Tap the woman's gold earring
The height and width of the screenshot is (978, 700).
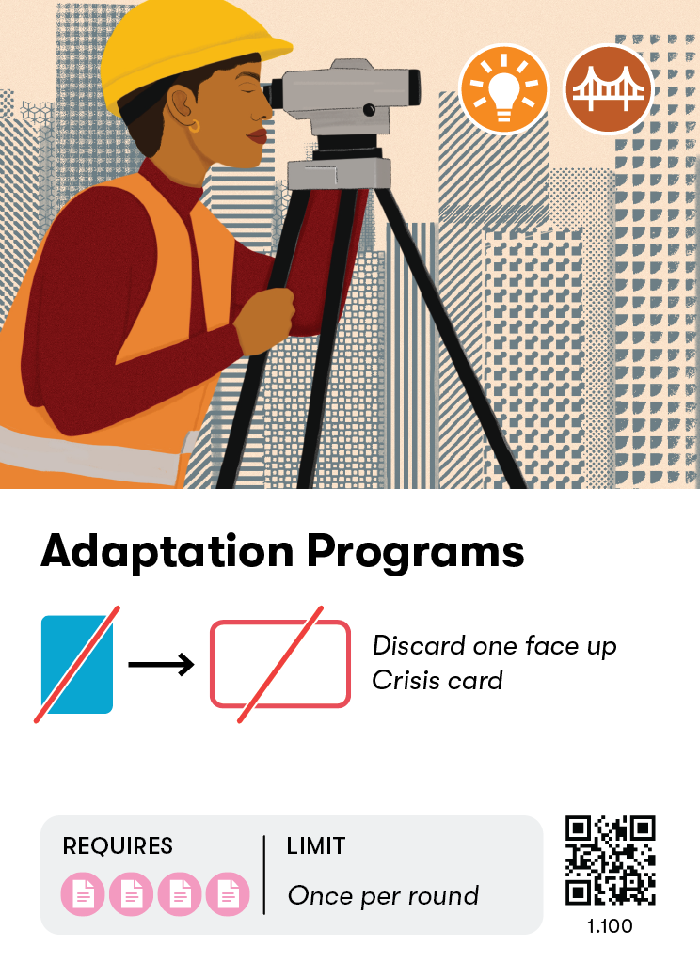(x=195, y=125)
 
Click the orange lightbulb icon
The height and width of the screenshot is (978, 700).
(x=503, y=89)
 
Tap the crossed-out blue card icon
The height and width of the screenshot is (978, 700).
(x=77, y=664)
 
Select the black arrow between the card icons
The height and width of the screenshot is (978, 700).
(x=161, y=665)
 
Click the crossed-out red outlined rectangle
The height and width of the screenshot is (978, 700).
(x=280, y=664)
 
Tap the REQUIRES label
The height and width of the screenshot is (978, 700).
(x=118, y=846)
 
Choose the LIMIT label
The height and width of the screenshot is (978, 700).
(x=316, y=846)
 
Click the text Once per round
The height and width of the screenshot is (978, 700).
(x=383, y=896)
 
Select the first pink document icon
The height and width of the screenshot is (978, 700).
(x=84, y=894)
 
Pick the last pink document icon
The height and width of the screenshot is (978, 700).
(x=228, y=894)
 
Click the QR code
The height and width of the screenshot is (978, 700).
(x=610, y=860)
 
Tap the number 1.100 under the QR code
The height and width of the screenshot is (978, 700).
(x=610, y=926)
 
